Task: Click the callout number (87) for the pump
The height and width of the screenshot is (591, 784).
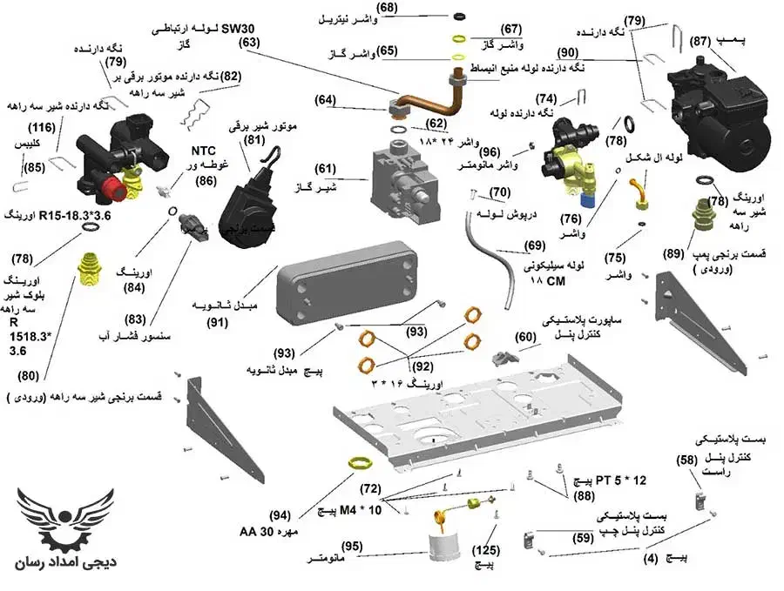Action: click(x=700, y=41)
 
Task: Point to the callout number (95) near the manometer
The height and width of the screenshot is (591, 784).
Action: click(x=352, y=545)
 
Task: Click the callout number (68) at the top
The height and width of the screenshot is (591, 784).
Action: click(x=387, y=8)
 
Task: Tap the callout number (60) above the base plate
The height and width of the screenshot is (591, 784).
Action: click(x=525, y=335)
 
